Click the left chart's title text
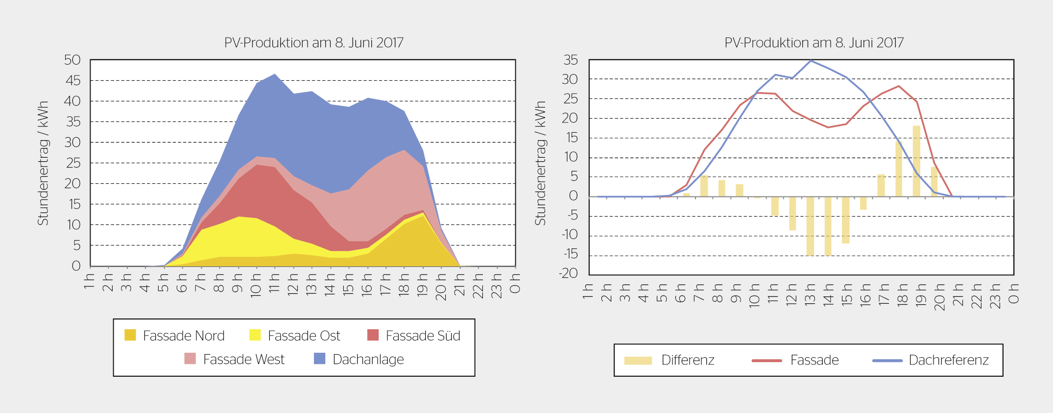pos(313,43)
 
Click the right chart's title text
pos(814,43)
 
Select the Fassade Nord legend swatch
pos(130,335)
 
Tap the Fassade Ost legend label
pos(304,336)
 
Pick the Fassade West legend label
pos(243,360)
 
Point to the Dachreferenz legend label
pos(948,361)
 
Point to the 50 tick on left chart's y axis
pos(72,60)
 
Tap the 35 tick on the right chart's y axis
pos(571,60)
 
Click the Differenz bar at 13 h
pos(810,226)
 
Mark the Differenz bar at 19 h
pos(916,161)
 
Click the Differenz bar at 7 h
pos(704,186)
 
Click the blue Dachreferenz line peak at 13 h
pos(811,61)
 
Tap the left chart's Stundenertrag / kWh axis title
pos(43,163)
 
